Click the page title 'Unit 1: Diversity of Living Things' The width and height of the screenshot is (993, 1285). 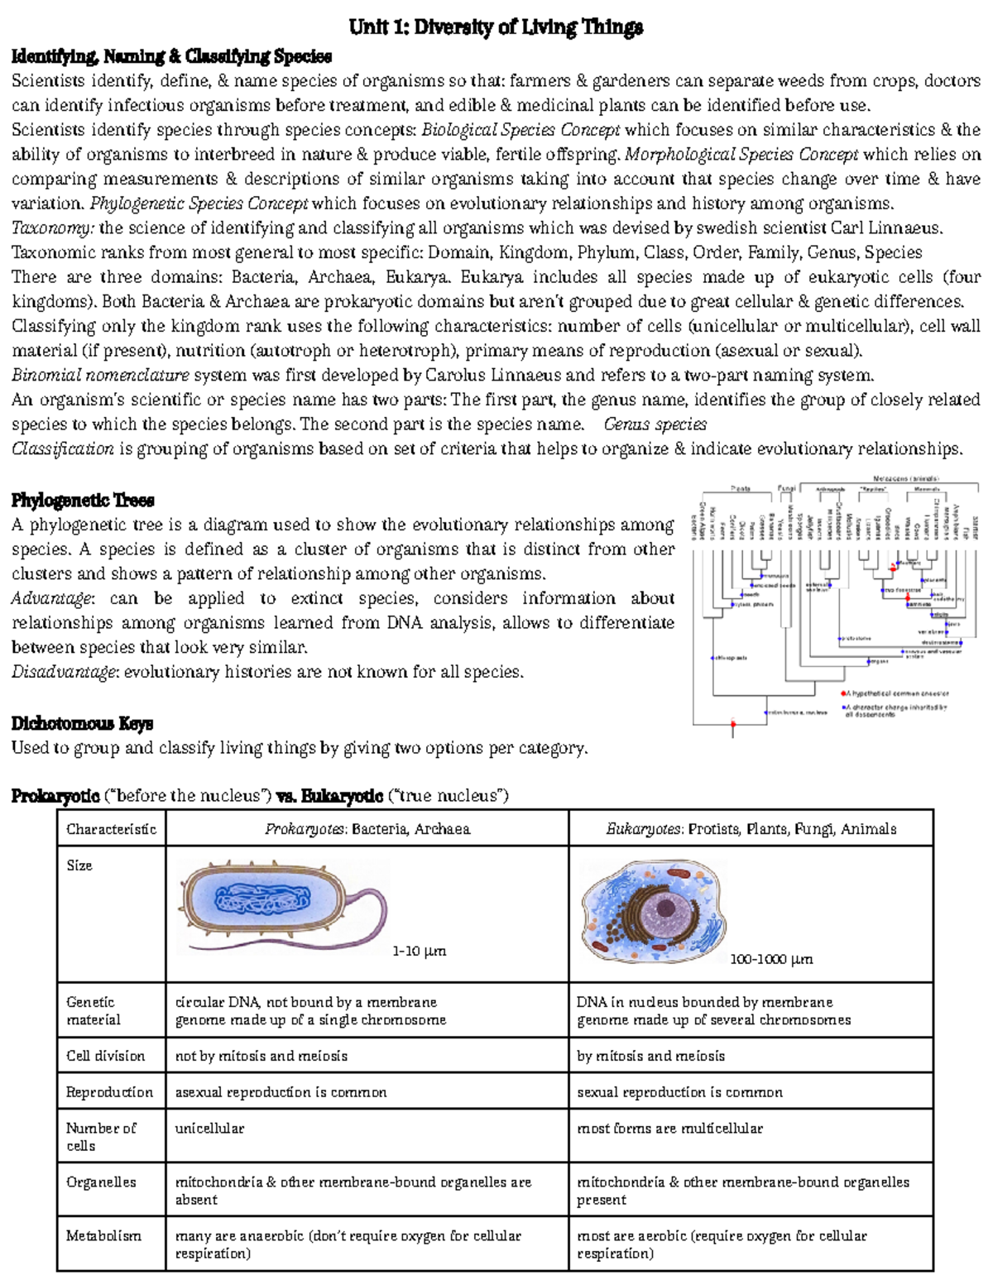(x=496, y=27)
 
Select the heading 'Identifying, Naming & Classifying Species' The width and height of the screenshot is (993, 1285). (x=171, y=56)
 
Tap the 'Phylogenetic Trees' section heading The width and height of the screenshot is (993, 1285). (x=83, y=500)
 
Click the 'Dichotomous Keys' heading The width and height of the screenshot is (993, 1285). (x=82, y=723)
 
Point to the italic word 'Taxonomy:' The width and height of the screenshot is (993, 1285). (x=53, y=228)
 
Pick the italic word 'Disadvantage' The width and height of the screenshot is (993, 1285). (x=63, y=672)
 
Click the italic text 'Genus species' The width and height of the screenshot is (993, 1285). (x=655, y=424)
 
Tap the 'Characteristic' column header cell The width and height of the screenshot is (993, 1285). (x=111, y=829)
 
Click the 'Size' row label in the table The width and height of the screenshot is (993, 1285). (x=79, y=865)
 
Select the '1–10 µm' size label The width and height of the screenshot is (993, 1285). (x=419, y=952)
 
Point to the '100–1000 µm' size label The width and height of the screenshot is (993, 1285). (x=771, y=960)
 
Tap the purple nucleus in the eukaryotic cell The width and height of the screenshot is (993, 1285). (x=667, y=909)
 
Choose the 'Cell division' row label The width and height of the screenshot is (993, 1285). (x=105, y=1056)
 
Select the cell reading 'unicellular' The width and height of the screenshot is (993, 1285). (x=209, y=1128)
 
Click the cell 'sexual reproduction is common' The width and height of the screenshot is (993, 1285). (x=679, y=1092)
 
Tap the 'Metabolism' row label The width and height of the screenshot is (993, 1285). (x=103, y=1235)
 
